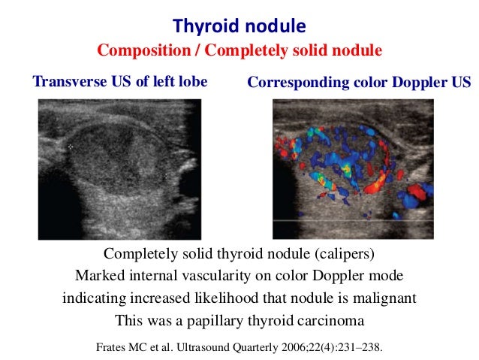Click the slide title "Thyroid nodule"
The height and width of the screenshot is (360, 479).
pyautogui.click(x=239, y=26)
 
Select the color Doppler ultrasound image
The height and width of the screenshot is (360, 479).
pyautogui.click(x=352, y=169)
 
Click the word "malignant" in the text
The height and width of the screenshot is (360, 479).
pyautogui.click(x=379, y=298)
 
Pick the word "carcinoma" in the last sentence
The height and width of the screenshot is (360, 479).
pyautogui.click(x=327, y=320)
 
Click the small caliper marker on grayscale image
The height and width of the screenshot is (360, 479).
pyautogui.click(x=71, y=148)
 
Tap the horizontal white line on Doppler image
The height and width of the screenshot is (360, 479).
pyautogui.click(x=352, y=220)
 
